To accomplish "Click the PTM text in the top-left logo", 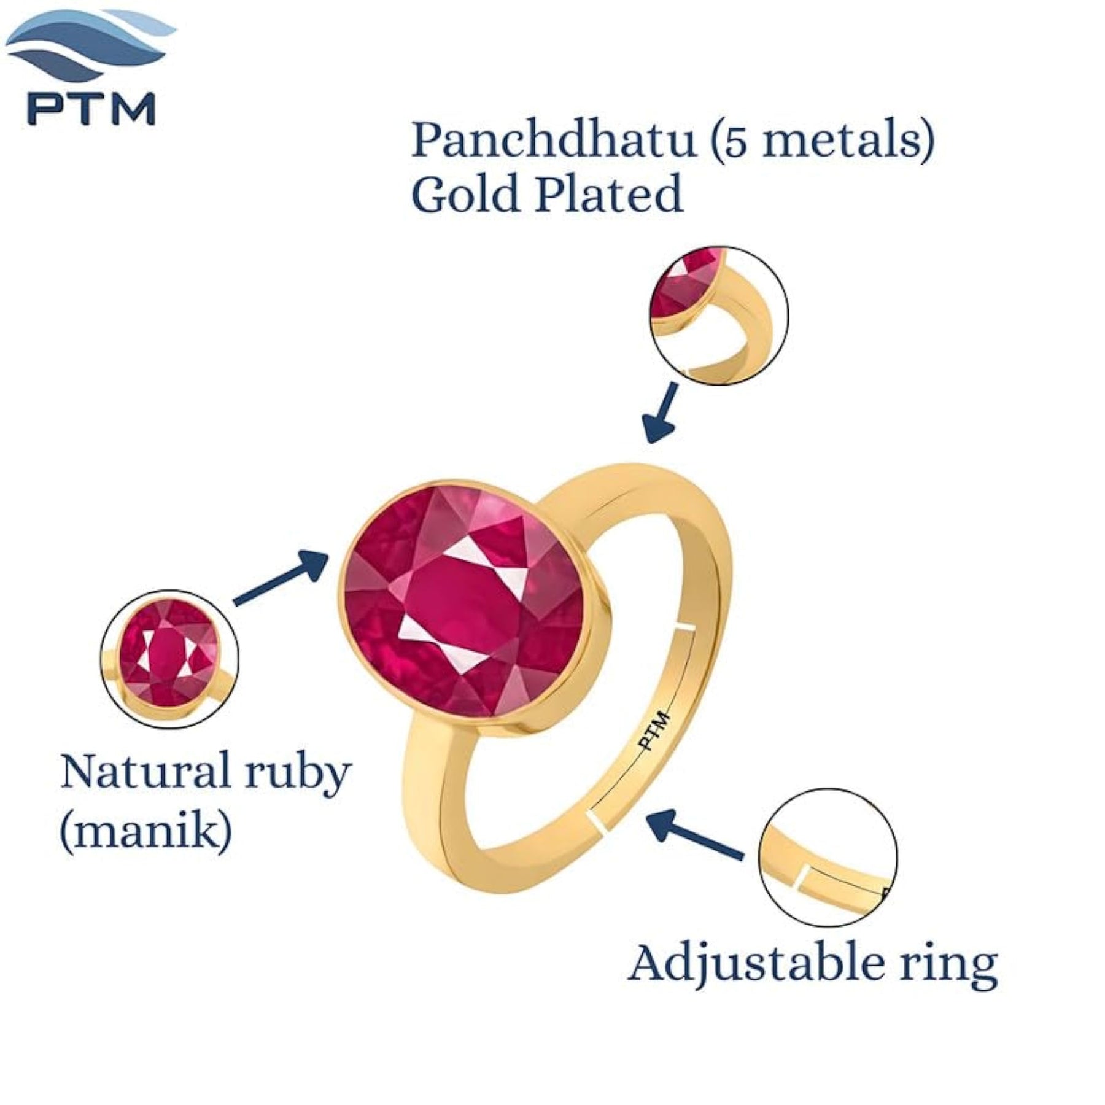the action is [91, 109].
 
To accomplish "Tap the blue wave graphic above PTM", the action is [92, 46].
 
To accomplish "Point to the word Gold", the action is [467, 193].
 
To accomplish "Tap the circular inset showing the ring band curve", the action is [719, 316].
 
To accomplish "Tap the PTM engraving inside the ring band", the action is [654, 730].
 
